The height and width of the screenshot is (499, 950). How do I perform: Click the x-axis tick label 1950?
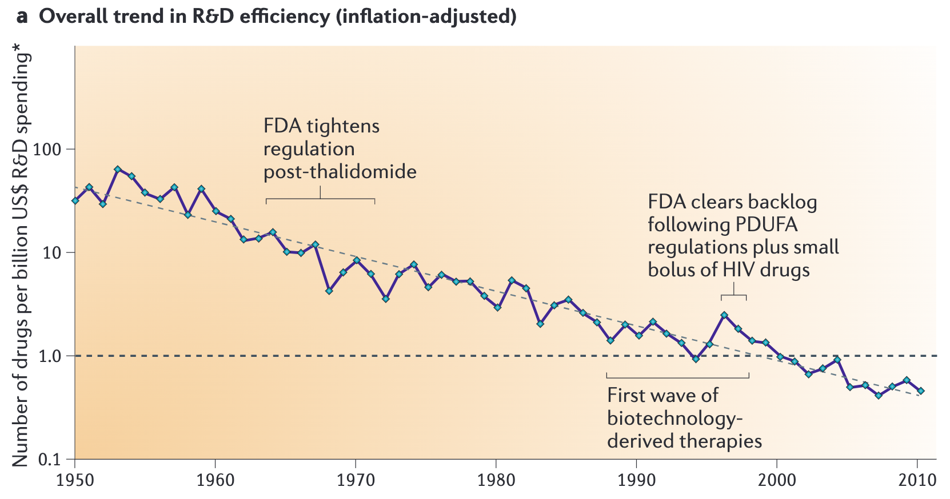pos(75,480)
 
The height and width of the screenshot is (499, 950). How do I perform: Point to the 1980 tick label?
pos(496,480)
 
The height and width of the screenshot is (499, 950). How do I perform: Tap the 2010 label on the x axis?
pos(917,480)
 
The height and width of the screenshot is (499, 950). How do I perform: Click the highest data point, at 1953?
pos(117,169)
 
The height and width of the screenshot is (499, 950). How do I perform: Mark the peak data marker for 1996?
pos(724,315)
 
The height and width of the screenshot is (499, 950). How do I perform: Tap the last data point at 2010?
pos(920,391)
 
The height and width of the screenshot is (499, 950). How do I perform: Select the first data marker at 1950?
pos(75,200)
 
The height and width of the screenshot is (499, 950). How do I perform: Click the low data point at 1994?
pos(696,359)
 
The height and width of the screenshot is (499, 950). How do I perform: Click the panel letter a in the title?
pos(22,17)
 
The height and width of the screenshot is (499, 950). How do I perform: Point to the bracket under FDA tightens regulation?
pos(320,198)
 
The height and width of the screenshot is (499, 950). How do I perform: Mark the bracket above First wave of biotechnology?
pos(677,377)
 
